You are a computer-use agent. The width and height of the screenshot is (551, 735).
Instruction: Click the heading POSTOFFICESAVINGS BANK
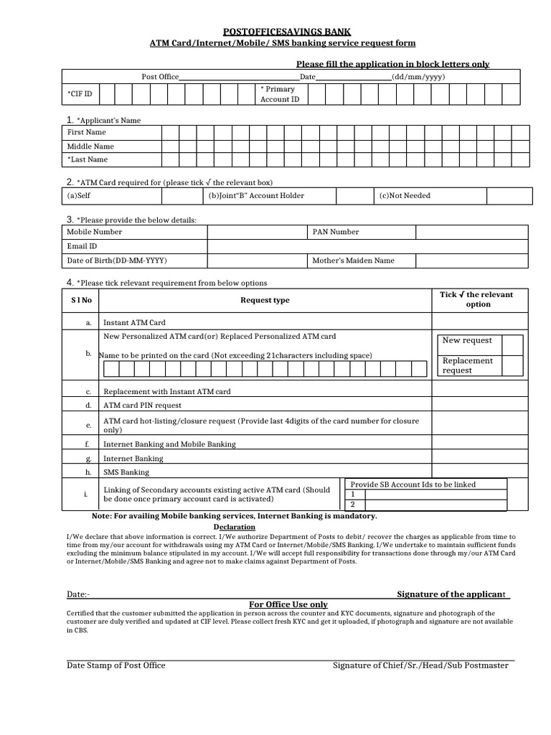coord(288,32)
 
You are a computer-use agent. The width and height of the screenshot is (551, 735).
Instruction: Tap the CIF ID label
coord(80,94)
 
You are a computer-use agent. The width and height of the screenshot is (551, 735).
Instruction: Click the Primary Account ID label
coord(279,94)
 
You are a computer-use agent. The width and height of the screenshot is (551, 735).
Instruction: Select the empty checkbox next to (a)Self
coord(184,196)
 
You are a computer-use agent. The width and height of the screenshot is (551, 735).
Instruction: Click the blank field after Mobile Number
coord(257,232)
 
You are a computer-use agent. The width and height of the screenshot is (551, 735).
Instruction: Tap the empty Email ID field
coord(368,246)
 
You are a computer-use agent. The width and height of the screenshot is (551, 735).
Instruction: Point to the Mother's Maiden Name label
coord(353,261)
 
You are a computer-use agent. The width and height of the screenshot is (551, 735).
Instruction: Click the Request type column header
coord(265,300)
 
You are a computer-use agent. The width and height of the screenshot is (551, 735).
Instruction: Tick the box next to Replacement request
coord(512,365)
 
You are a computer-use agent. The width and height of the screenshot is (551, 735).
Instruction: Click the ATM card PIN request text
coord(143,406)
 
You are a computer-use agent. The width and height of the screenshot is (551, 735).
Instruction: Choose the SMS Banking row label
coord(126,472)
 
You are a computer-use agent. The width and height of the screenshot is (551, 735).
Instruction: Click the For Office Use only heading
coord(288,604)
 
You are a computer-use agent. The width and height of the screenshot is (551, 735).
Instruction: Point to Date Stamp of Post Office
coord(116,665)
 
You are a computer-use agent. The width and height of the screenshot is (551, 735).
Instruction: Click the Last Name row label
coord(88,159)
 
